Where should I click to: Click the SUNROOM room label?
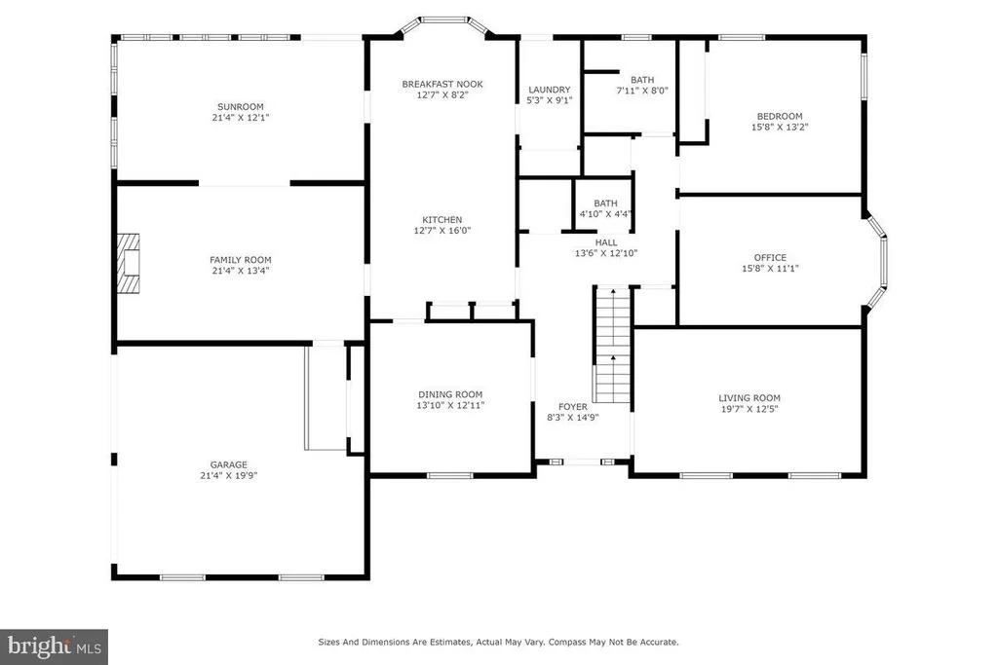coord(241,107)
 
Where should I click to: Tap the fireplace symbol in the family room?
coord(128,263)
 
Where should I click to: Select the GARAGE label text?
coord(228,464)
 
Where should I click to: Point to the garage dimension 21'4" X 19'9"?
coord(228,475)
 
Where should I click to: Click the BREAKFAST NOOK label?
coord(442,84)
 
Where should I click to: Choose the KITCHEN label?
coord(442,220)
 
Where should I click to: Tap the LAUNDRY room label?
coord(550,90)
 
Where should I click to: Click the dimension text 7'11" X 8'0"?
coord(642,91)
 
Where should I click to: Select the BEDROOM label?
coord(780,116)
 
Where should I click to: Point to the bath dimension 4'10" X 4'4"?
coord(606,214)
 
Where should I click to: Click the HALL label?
coord(606,242)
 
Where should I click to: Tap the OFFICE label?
coord(770,257)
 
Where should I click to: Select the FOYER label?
coord(573,407)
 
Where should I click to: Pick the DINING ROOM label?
coord(450,394)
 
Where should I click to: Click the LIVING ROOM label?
coord(749,398)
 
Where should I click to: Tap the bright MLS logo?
coord(55,647)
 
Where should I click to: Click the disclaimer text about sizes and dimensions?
coord(498,642)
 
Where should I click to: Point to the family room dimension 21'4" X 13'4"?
coord(241,271)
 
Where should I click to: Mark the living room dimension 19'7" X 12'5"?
coord(749,409)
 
